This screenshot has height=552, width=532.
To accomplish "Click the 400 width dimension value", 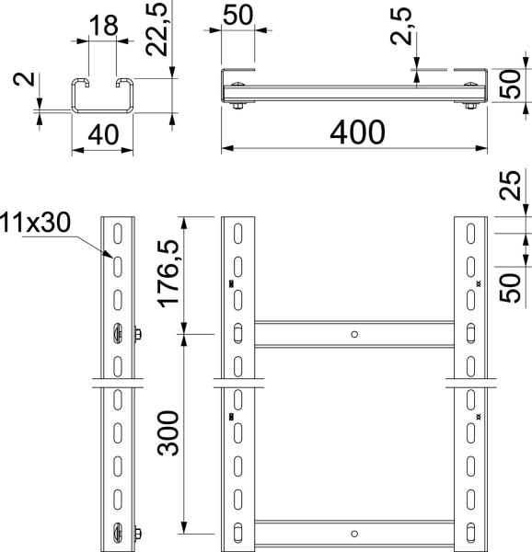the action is tap(357, 132).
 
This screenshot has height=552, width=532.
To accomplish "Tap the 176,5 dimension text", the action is tap(168, 274).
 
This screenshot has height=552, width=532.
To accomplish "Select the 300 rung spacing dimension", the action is tap(168, 433).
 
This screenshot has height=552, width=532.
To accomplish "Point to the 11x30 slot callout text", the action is tap(35, 223).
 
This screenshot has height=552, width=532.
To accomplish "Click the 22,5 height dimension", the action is tap(156, 29).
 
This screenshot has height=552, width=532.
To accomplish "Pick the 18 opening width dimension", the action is tap(103, 26).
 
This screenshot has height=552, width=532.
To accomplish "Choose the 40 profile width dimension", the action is tap(103, 134).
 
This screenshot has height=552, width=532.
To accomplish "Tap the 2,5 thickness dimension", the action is tap(400, 26).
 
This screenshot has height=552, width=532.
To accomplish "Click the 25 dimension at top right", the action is tap(510, 186).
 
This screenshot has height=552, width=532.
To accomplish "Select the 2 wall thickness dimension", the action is tap(24, 79).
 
